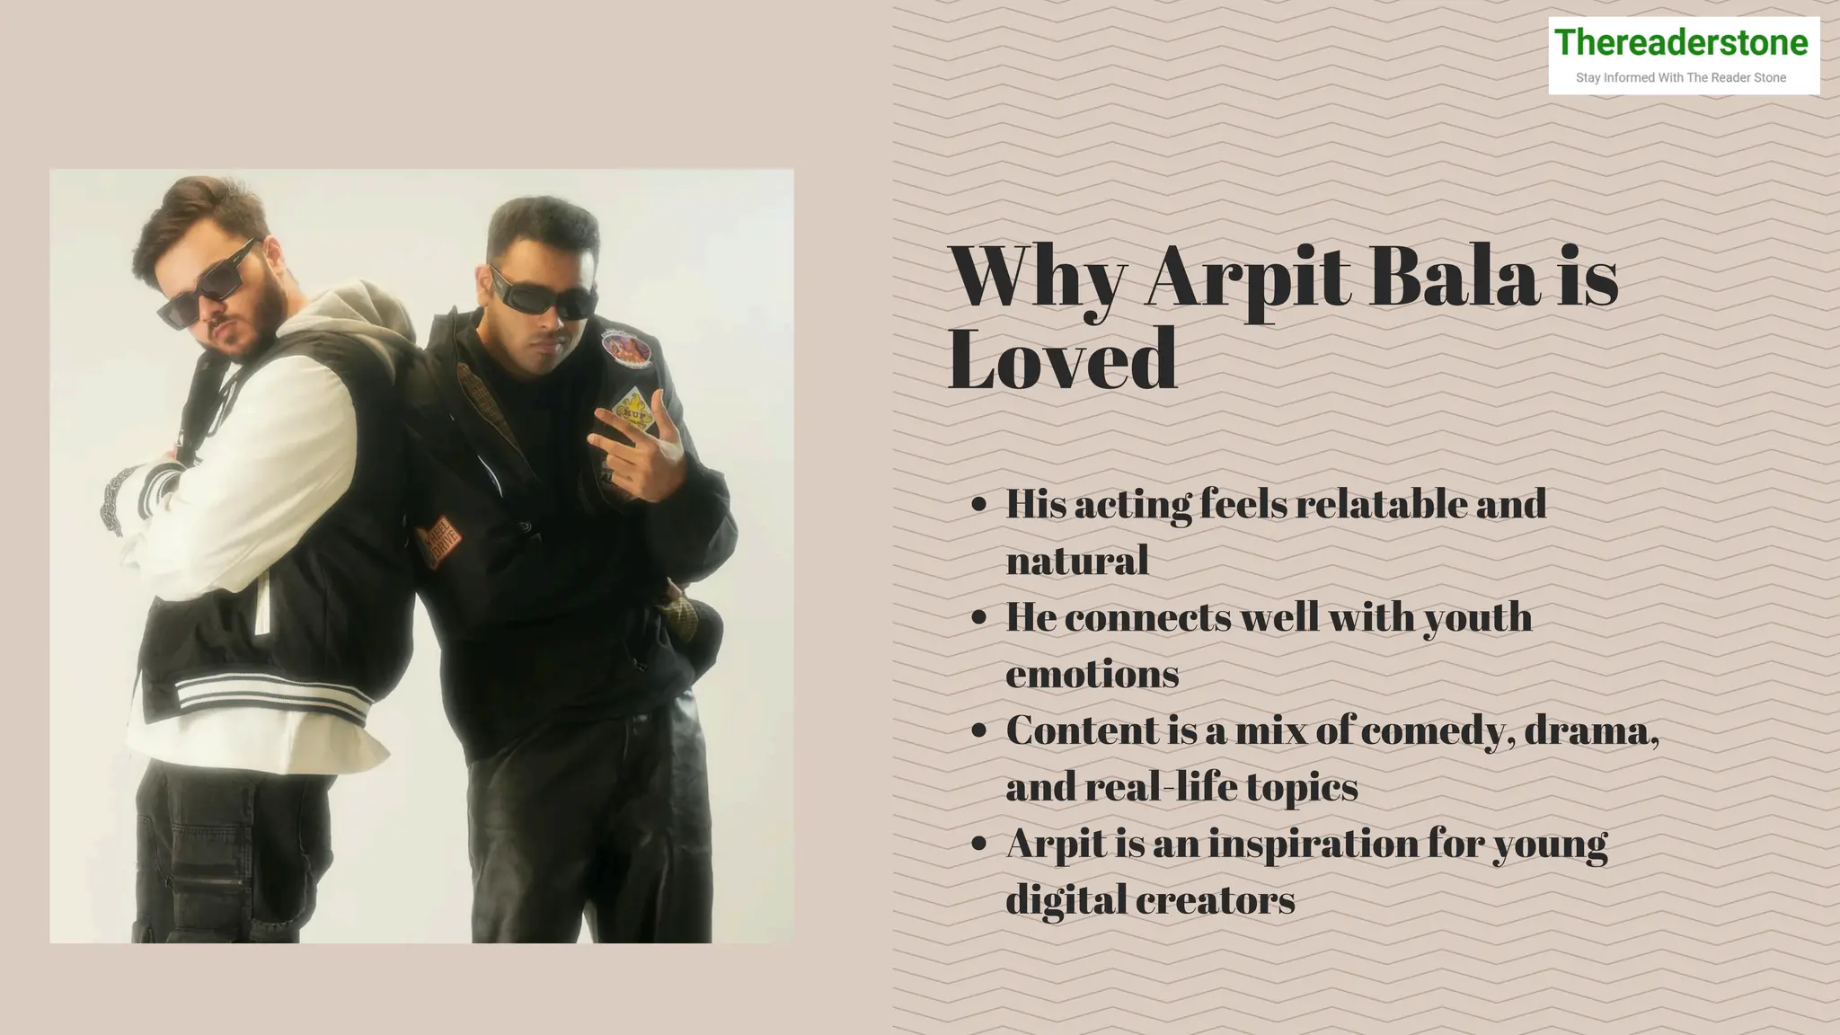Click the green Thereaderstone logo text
click(1680, 42)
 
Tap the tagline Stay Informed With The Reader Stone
click(1680, 78)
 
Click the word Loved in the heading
click(1062, 359)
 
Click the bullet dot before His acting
click(979, 505)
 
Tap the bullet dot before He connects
click(979, 618)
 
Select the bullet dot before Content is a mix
click(979, 731)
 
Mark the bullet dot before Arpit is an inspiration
click(979, 845)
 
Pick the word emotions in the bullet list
click(1092, 674)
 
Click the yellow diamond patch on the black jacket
click(632, 408)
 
